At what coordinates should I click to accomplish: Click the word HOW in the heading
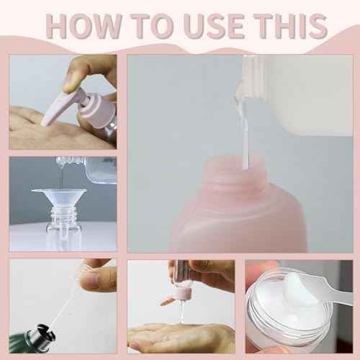click(84, 26)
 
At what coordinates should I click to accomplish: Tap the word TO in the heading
click(152, 26)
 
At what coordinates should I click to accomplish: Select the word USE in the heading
click(215, 26)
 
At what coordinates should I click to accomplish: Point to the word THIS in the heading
click(291, 26)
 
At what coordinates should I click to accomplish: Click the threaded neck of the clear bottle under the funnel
click(63, 215)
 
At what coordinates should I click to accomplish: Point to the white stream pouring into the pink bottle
click(244, 135)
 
